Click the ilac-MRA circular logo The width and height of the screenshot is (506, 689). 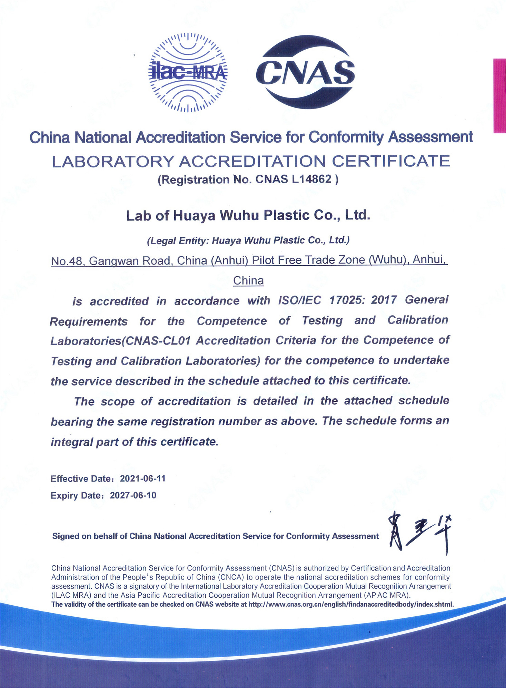188,72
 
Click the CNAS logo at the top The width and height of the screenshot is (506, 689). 305,72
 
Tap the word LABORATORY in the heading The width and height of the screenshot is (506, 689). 112,161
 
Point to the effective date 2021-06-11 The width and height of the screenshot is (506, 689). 142,479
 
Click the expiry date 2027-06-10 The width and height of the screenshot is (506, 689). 133,495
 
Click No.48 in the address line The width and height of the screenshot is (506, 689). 67,261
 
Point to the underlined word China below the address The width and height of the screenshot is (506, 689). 248,280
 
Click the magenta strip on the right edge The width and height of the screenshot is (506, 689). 499,96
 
